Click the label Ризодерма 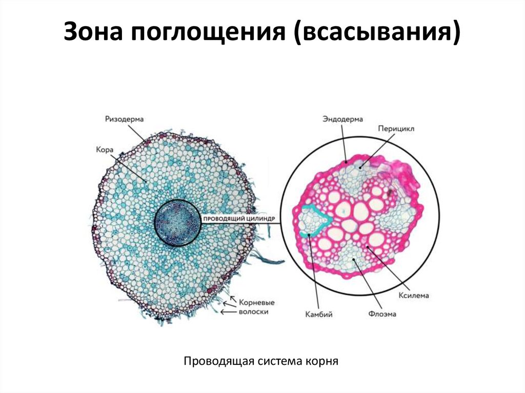125,118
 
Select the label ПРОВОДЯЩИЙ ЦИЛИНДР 240,219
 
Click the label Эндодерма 342,119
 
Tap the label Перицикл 396,129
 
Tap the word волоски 253,311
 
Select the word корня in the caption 322,362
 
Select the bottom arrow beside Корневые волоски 225,311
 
